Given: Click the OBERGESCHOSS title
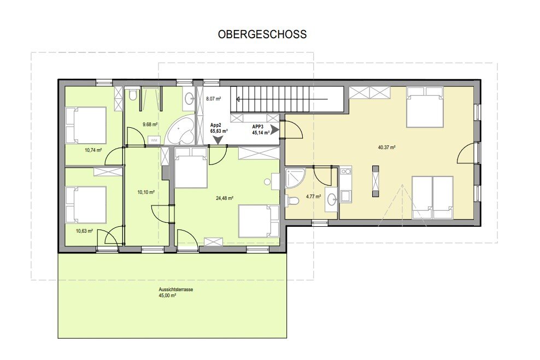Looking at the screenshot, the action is [262, 34].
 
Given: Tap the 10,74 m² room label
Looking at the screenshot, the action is [93, 150].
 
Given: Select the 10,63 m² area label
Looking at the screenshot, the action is [84, 231].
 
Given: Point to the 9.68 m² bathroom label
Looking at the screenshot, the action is [150, 124].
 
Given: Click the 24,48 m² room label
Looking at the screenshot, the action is [225, 198].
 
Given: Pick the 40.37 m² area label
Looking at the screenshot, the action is [386, 147].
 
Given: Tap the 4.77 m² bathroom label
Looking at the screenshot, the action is [313, 197].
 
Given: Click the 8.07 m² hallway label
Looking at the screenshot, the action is [213, 98].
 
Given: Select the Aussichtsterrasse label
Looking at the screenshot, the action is [175, 290].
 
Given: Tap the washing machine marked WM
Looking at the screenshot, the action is [154, 140].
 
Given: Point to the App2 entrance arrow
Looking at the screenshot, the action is [218, 139].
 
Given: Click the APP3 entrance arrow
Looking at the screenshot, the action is [275, 129].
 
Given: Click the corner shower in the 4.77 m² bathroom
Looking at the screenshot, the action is [295, 178].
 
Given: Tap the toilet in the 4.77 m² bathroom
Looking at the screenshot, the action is [291, 200].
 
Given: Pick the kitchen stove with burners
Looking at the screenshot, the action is [346, 170].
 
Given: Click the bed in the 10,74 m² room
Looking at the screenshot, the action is [86, 125].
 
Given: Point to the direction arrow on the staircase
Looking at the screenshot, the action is [281, 99].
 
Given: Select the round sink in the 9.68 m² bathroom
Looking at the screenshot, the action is [189, 99].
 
